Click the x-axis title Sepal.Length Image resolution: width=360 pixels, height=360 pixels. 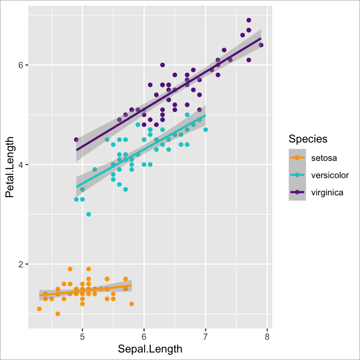coord(150,349)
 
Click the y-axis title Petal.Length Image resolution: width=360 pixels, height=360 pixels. coord(10,167)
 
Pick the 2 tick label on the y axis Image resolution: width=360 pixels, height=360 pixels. coord(21,264)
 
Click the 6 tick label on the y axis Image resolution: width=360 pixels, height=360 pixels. coord(21,65)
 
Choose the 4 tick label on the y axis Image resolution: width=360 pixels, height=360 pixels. coord(21,165)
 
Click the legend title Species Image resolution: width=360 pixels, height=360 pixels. coord(308,139)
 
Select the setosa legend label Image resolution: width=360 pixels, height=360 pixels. coord(324,158)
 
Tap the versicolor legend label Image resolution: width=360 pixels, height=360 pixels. coord(330,175)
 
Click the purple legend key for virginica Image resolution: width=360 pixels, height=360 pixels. coord(297,192)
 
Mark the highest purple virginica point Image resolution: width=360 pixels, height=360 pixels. coord(249,20)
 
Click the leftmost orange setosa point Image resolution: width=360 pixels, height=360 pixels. coord(39,309)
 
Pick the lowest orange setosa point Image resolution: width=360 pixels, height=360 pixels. coord(58,313)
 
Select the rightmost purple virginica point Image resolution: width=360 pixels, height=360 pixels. coord(261,45)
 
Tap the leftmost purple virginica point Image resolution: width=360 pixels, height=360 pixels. coord(76,139)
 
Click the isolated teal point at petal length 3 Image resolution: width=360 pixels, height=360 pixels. coord(88,214)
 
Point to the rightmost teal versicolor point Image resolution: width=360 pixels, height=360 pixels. coord(205,129)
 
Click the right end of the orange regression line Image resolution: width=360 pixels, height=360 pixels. coord(131,285)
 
